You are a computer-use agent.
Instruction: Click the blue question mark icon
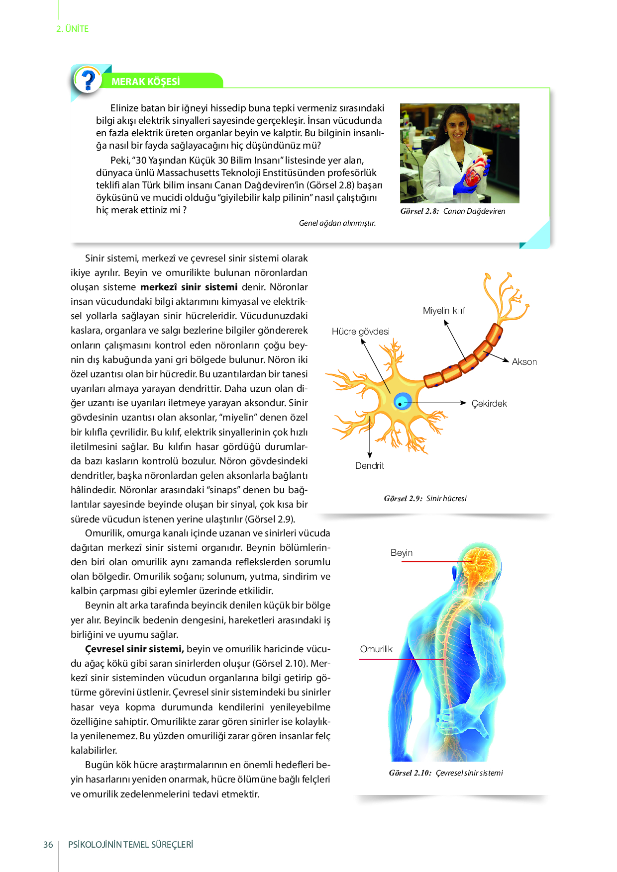[x=88, y=80]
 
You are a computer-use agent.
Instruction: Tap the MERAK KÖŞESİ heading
[x=145, y=82]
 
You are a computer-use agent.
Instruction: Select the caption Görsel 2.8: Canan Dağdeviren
[x=452, y=211]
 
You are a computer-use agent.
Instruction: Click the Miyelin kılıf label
[x=444, y=311]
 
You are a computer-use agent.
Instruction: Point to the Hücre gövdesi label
[x=360, y=332]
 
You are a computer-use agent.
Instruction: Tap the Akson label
[x=524, y=362]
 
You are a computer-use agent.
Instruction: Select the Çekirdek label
[x=489, y=404]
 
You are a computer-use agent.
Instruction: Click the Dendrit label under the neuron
[x=369, y=466]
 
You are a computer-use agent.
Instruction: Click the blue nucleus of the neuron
[x=402, y=401]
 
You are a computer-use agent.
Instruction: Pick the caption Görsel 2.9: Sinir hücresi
[x=425, y=499]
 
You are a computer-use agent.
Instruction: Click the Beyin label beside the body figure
[x=401, y=553]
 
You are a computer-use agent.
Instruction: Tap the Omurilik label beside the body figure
[x=376, y=649]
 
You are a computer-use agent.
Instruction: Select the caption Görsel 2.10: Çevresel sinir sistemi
[x=446, y=773]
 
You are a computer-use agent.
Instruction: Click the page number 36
[x=48, y=845]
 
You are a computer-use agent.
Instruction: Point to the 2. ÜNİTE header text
[x=73, y=29]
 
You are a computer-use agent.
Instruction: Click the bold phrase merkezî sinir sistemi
[x=189, y=287]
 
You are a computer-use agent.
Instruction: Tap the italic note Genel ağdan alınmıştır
[x=337, y=223]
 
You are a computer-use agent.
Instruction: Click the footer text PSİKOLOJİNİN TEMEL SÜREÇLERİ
[x=130, y=845]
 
